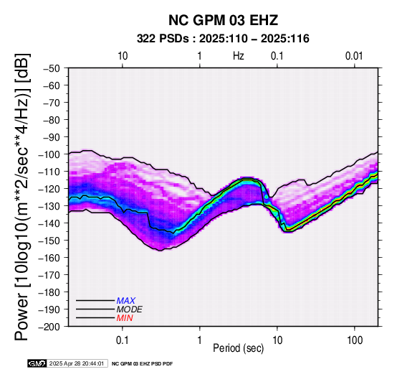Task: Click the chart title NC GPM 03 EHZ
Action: coord(223,20)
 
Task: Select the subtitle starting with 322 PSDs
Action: coord(223,39)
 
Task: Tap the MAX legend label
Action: coord(126,301)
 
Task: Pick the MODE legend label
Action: coord(130,309)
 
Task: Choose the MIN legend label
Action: coord(125,318)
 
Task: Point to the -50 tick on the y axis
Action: coord(52,68)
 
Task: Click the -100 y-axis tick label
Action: coord(49,154)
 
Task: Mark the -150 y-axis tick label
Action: coord(49,241)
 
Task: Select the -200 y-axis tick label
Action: coord(49,327)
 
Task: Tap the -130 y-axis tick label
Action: coord(49,206)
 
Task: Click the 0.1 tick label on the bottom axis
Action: coord(123,340)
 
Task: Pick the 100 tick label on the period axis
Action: coord(355,340)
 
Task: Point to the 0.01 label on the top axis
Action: coord(354,56)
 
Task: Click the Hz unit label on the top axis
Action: coord(239,56)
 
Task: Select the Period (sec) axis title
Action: coord(239,348)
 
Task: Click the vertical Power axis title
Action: coord(21,197)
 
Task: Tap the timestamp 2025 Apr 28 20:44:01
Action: coord(77,364)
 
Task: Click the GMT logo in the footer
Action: coord(37,363)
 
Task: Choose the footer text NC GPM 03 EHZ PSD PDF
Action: coord(143,364)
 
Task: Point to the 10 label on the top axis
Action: coord(123,56)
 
